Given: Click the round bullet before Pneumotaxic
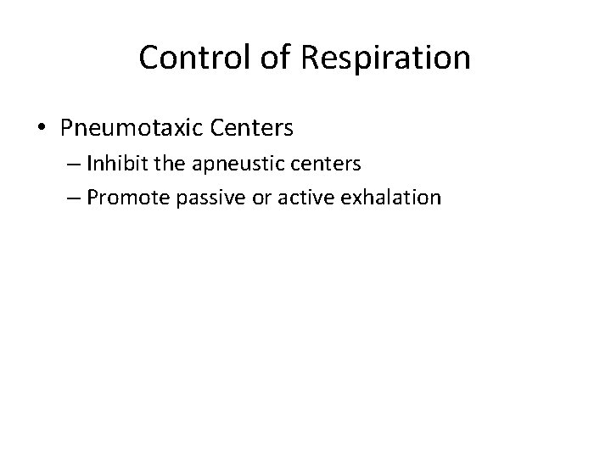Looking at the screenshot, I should point(42,129).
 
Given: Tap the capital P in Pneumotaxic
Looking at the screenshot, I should point(67,129).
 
